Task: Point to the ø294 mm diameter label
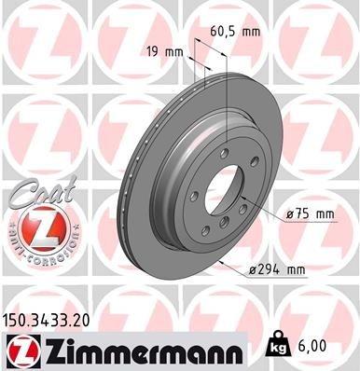coord(277,270)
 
